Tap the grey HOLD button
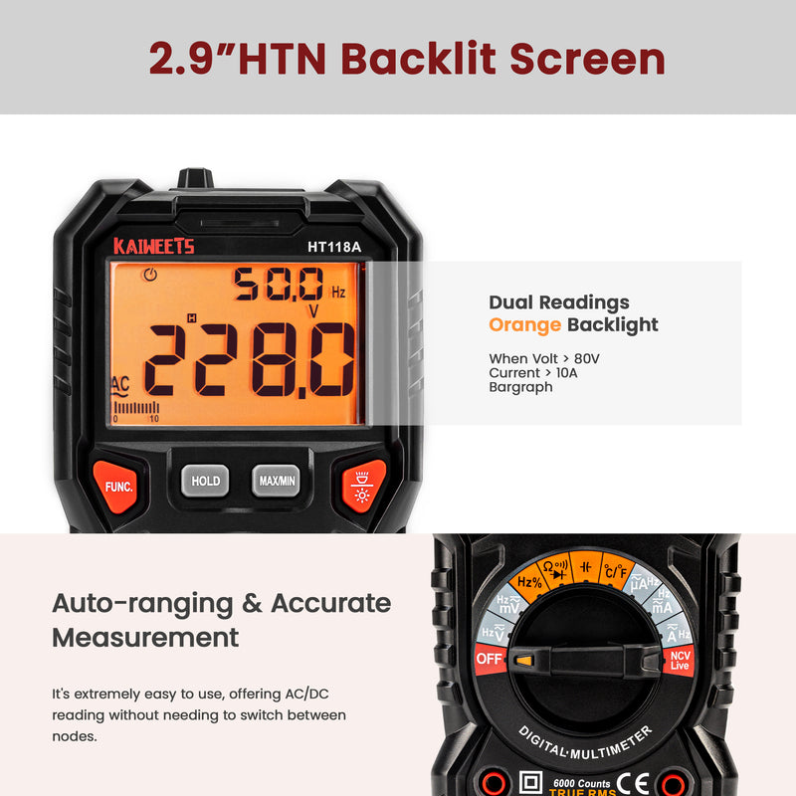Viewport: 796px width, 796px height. coord(205,481)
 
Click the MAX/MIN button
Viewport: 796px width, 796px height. coord(276,481)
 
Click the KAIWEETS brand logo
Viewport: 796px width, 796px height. coord(153,246)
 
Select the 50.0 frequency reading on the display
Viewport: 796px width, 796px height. coord(279,286)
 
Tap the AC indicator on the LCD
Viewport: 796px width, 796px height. coord(120,384)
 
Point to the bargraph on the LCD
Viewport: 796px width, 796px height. coord(135,407)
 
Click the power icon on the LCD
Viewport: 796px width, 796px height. coord(150,276)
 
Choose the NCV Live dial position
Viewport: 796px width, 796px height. coord(679,660)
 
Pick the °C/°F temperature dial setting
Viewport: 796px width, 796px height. coord(613,569)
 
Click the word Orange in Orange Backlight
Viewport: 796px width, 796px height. coord(524,324)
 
